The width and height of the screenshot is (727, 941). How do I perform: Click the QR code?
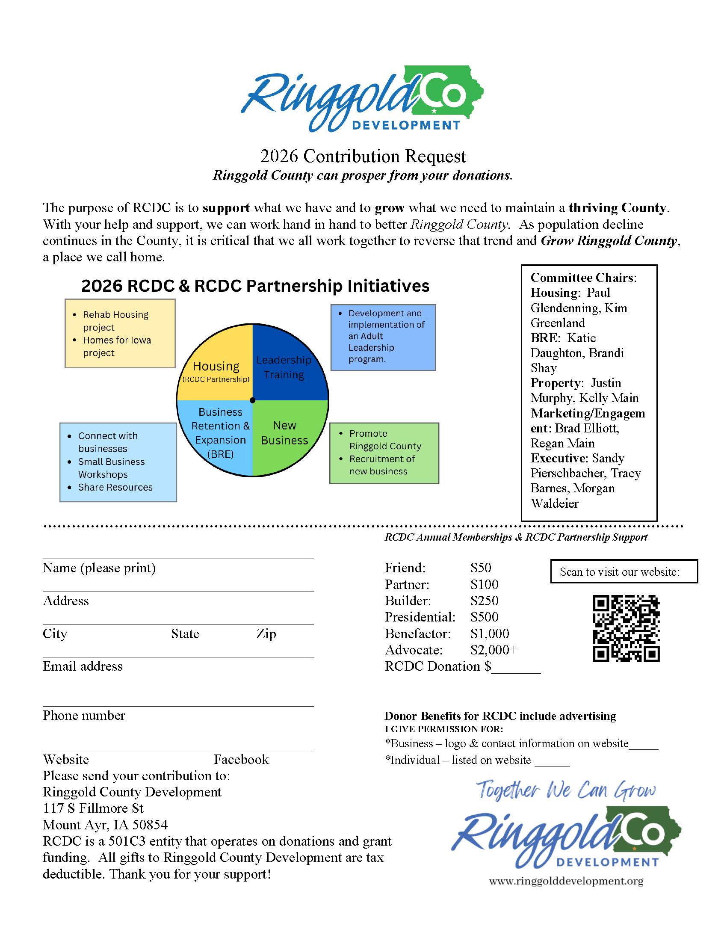click(x=626, y=628)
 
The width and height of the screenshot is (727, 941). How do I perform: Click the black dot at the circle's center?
click(x=253, y=400)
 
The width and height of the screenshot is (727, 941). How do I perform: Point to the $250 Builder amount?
click(x=484, y=601)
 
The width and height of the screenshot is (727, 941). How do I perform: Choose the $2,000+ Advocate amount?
click(x=494, y=650)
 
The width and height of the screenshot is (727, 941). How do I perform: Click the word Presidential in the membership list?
click(x=420, y=617)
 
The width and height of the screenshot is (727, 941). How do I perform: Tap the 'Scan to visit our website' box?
click(x=624, y=571)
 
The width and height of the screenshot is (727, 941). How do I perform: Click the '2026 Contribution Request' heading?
click(x=363, y=156)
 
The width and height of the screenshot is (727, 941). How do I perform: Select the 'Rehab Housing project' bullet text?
click(x=115, y=320)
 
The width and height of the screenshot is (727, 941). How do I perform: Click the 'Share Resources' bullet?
click(x=115, y=487)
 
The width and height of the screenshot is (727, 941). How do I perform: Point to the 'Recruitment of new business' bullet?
click(x=381, y=465)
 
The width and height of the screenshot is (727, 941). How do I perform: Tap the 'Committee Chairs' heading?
click(x=583, y=278)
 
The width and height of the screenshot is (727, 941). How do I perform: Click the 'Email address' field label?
click(x=83, y=666)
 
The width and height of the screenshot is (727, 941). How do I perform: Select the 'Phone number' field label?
click(x=84, y=715)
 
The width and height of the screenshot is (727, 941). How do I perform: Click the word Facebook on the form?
click(x=241, y=759)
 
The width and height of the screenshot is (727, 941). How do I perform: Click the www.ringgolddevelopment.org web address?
click(x=566, y=881)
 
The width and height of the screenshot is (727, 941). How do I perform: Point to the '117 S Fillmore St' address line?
click(x=93, y=808)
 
